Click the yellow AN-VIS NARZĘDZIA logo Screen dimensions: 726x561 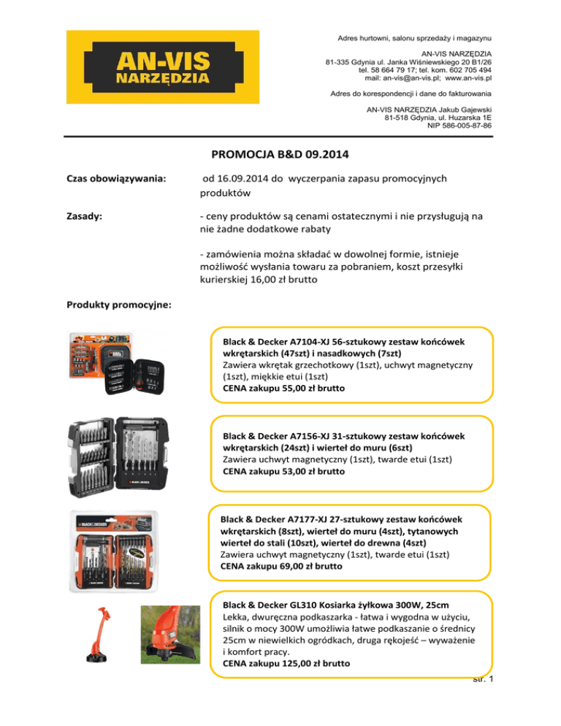(163, 67)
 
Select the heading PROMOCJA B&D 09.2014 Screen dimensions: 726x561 (280, 155)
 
